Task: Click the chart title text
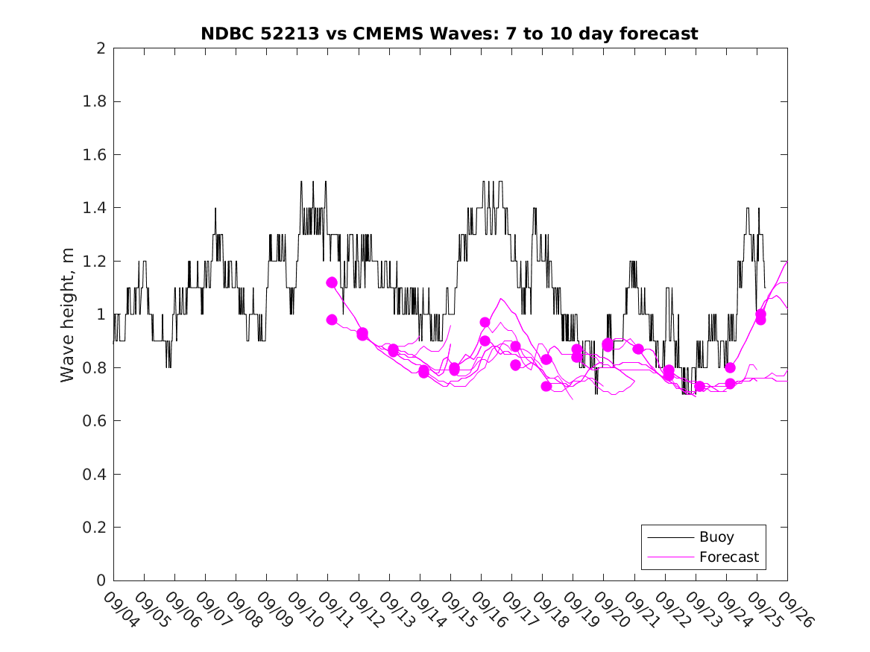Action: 450,34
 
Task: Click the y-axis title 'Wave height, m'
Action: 68,314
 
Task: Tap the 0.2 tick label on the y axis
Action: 95,528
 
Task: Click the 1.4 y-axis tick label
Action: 95,208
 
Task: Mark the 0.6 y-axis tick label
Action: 95,421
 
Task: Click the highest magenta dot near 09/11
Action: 332,282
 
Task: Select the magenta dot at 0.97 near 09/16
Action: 485,323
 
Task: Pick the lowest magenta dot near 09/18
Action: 546,386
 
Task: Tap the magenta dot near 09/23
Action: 699,386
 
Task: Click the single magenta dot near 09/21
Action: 638,349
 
